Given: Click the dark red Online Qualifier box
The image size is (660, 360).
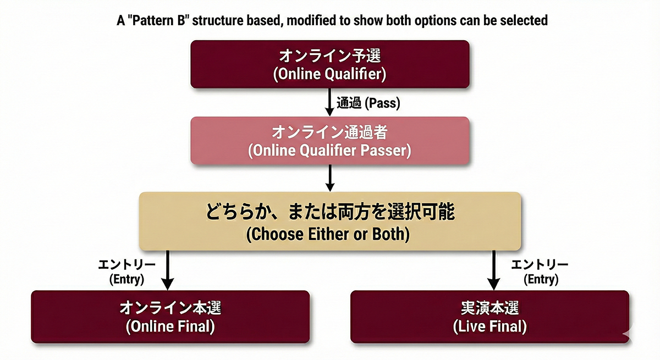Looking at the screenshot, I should tap(329, 64).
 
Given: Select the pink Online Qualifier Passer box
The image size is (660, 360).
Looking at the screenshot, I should tap(329, 140).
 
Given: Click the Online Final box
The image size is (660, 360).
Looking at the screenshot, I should tap(170, 317).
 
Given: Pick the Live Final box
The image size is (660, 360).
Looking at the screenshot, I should tap(490, 317).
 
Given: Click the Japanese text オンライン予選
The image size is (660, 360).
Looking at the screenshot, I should tap(329, 56).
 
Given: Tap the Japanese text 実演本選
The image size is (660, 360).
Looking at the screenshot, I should tap(490, 308).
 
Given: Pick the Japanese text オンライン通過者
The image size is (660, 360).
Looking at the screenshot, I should tap(329, 132).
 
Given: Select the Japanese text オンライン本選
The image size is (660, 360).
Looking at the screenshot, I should tap(170, 308).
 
